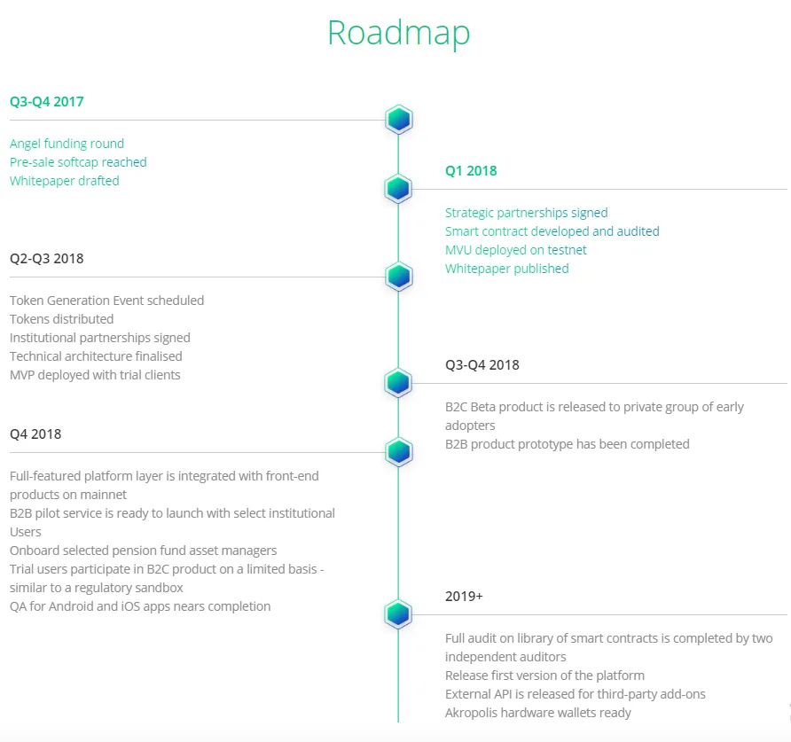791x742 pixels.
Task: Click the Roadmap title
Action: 398,34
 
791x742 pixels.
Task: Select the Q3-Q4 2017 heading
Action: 46,101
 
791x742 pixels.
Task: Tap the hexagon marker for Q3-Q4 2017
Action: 398,120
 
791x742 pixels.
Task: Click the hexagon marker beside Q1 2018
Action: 398,189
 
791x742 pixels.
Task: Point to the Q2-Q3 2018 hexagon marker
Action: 398,277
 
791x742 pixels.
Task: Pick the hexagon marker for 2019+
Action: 398,613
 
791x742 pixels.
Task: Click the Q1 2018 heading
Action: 471,170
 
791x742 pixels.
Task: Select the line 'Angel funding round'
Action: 67,144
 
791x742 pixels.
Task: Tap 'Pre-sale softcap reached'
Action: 78,162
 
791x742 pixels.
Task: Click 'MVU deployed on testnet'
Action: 515,250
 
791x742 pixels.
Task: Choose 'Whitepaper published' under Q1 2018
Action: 506,269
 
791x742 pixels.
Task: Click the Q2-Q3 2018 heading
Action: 46,258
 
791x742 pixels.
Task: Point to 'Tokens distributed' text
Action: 61,319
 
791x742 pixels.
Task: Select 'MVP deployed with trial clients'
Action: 95,375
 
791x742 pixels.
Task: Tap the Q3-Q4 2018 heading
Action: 482,364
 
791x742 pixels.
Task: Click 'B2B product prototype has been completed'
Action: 567,444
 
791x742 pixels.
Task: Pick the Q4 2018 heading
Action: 35,433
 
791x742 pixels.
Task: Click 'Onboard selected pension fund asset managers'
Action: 144,551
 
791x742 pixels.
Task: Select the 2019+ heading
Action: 464,597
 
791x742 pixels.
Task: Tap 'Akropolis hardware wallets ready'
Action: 537,714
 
